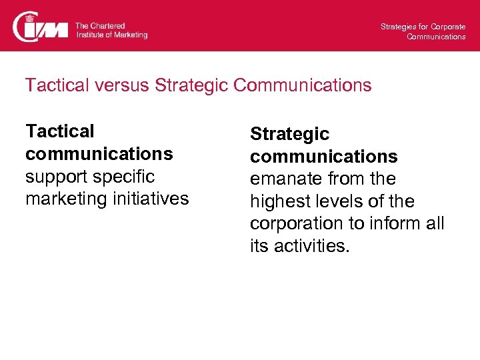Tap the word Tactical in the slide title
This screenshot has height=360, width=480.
pos(56,86)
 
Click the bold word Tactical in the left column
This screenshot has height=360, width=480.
pos(60,131)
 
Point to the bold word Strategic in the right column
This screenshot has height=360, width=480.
pos(289,134)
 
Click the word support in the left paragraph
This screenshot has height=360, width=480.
pos(55,177)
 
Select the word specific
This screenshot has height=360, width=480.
pos(123,177)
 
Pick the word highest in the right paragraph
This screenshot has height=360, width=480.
pos(279,202)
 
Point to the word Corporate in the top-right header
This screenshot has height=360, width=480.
pos(448,27)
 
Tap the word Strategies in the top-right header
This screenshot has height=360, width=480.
pos(398,27)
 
